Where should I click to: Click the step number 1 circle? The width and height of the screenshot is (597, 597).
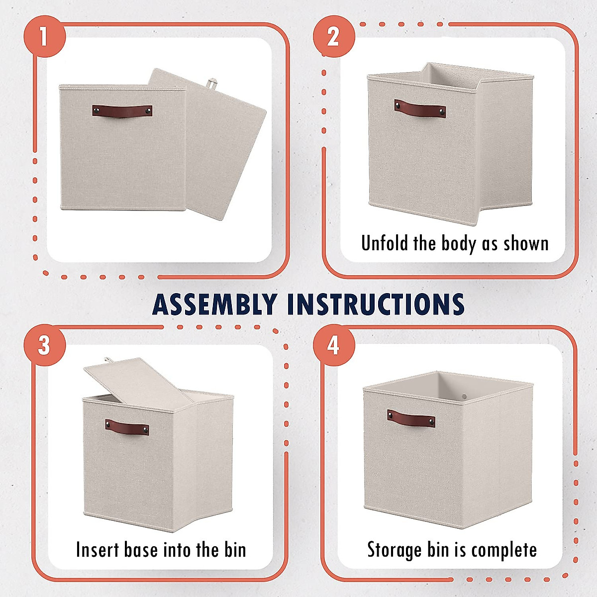pos(44,36)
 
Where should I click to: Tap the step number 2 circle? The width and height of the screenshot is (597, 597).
pos(334,36)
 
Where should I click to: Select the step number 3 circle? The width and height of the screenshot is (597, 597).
pos(44,345)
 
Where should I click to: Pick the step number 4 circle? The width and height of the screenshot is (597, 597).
pos(334,345)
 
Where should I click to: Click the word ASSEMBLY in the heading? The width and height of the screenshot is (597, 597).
pos(214,304)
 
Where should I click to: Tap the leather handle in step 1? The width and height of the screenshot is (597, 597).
pos(122,110)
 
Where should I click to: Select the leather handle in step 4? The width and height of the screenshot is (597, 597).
pos(411,418)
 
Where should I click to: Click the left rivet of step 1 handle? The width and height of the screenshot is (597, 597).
pos(98,109)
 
